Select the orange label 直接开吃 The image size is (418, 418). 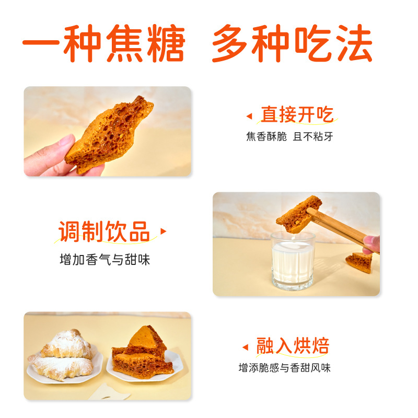297,114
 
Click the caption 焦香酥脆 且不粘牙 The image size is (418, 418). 289,137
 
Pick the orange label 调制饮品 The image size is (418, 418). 104,231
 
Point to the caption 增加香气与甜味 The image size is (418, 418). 104,260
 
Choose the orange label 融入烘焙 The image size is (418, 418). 293,346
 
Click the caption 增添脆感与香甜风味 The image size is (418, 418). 285,368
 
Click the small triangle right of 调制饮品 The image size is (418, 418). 163,231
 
